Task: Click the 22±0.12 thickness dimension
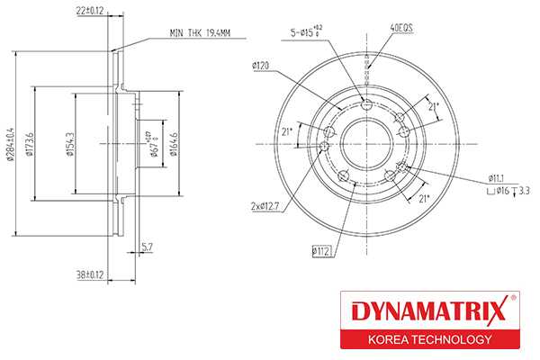[x=89, y=11]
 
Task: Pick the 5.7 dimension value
[x=147, y=246]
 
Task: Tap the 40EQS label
[x=400, y=29]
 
